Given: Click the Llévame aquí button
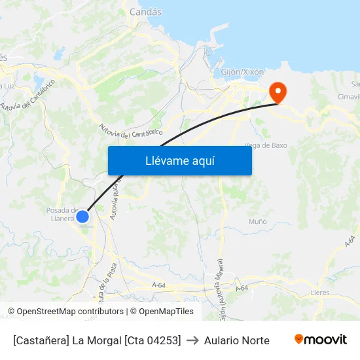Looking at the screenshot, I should (x=179, y=160).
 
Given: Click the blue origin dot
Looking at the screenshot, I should (x=82, y=216).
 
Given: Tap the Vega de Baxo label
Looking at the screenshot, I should (x=265, y=145).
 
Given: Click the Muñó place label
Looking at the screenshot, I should (x=257, y=221).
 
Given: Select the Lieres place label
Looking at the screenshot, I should (x=321, y=293).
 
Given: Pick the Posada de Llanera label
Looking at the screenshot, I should (x=62, y=214).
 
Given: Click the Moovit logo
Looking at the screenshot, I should (x=320, y=340).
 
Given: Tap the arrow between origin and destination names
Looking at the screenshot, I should (x=192, y=340).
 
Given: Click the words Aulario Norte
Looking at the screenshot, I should (x=237, y=340).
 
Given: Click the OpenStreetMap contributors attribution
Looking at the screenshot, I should (x=70, y=312).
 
